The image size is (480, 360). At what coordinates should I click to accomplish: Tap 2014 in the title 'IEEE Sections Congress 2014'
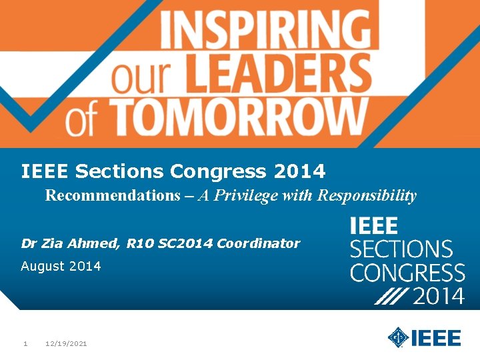click(299, 172)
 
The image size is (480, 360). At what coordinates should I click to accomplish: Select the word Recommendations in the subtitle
click(109, 196)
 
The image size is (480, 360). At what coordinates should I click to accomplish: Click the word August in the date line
click(43, 267)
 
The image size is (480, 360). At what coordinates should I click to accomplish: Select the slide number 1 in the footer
click(25, 344)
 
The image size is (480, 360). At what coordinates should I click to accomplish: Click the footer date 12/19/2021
click(66, 344)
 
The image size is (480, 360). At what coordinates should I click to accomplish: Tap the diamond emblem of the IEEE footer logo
click(398, 337)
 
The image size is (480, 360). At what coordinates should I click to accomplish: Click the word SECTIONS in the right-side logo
click(401, 250)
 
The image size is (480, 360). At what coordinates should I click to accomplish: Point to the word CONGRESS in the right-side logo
click(407, 273)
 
